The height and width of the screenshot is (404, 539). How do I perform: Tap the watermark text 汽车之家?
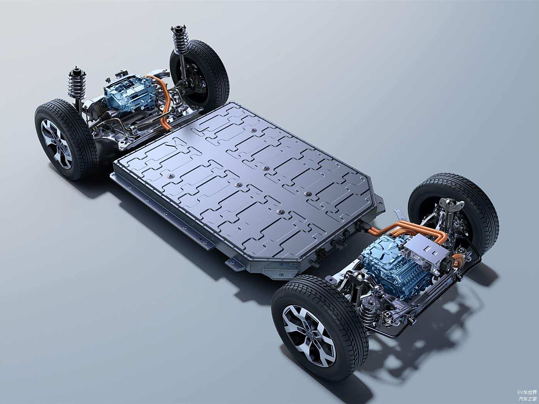(527, 399)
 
